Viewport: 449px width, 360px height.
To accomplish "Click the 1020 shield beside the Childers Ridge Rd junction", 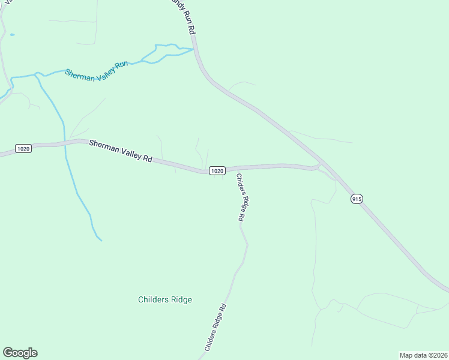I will point(217,171).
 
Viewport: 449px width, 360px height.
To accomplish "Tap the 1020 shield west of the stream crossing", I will point(23,149).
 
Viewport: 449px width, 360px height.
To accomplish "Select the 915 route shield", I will point(357,199).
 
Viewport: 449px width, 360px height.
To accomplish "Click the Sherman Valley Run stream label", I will point(97,71).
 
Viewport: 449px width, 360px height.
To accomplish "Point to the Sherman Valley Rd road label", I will point(121,151).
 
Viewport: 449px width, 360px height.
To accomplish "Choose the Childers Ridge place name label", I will point(165,299).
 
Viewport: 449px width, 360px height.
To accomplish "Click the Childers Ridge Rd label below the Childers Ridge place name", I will point(215,328).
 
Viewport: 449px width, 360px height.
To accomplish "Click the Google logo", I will point(20,353).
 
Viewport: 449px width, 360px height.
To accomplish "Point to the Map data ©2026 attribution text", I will point(423,355).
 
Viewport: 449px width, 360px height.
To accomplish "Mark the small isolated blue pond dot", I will point(12,35).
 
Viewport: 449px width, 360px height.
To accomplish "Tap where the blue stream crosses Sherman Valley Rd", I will point(65,143).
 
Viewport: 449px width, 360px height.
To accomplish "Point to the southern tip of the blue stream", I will point(101,240).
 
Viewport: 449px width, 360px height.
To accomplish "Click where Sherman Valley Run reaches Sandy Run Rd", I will point(194,49).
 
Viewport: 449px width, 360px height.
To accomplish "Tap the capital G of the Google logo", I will point(8,353).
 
